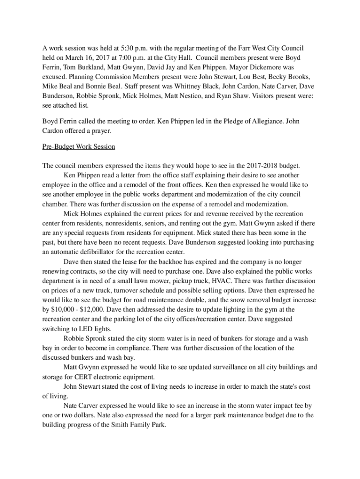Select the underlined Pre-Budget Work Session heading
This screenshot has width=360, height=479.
tap(78, 147)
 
